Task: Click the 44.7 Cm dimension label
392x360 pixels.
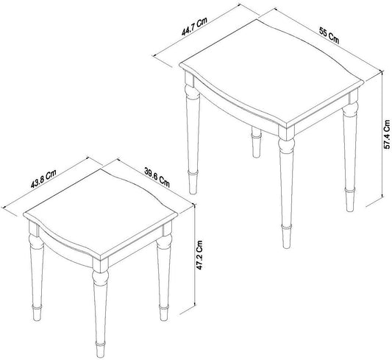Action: pyautogui.click(x=194, y=27)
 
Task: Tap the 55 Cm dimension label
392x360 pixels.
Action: pyautogui.click(x=329, y=36)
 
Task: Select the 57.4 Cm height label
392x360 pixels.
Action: pyautogui.click(x=387, y=134)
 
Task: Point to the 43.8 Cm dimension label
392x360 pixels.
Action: pyautogui.click(x=43, y=179)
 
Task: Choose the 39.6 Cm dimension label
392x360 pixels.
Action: pyautogui.click(x=157, y=177)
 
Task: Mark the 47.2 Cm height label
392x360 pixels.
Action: pyautogui.click(x=199, y=255)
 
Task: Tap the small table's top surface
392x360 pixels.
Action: pyautogui.click(x=101, y=213)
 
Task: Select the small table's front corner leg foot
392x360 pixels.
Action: pyautogui.click(x=100, y=350)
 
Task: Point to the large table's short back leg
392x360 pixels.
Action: pyautogui.click(x=256, y=142)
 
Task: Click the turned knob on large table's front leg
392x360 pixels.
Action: pyautogui.click(x=286, y=145)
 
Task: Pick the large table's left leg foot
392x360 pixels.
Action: pyautogui.click(x=193, y=183)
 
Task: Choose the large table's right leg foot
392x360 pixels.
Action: pyautogui.click(x=350, y=200)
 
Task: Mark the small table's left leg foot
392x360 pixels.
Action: pyautogui.click(x=37, y=313)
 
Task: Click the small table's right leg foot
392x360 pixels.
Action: pyautogui.click(x=164, y=313)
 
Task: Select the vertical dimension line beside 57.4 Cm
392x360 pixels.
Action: pyautogui.click(x=382, y=135)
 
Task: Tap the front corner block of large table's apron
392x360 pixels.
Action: pyautogui.click(x=287, y=132)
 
